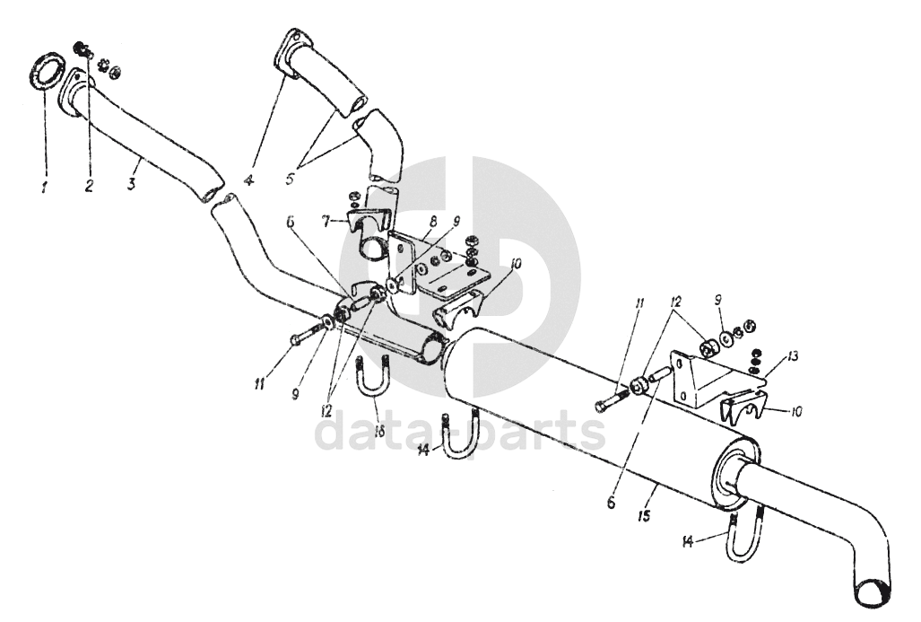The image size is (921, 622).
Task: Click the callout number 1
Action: click(x=43, y=188)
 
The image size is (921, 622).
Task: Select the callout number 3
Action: click(x=132, y=183)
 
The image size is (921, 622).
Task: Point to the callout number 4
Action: click(x=249, y=180)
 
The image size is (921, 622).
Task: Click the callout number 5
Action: click(x=291, y=178)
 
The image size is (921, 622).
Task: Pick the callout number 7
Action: click(x=326, y=222)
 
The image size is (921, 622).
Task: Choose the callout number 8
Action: click(x=433, y=223)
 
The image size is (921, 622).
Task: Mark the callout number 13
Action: click(x=794, y=355)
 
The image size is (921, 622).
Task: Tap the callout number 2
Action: click(x=89, y=187)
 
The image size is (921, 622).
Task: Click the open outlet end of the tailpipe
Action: click(x=874, y=591)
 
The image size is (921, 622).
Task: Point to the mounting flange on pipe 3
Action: click(x=75, y=96)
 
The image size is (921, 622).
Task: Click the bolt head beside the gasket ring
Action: click(x=81, y=48)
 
